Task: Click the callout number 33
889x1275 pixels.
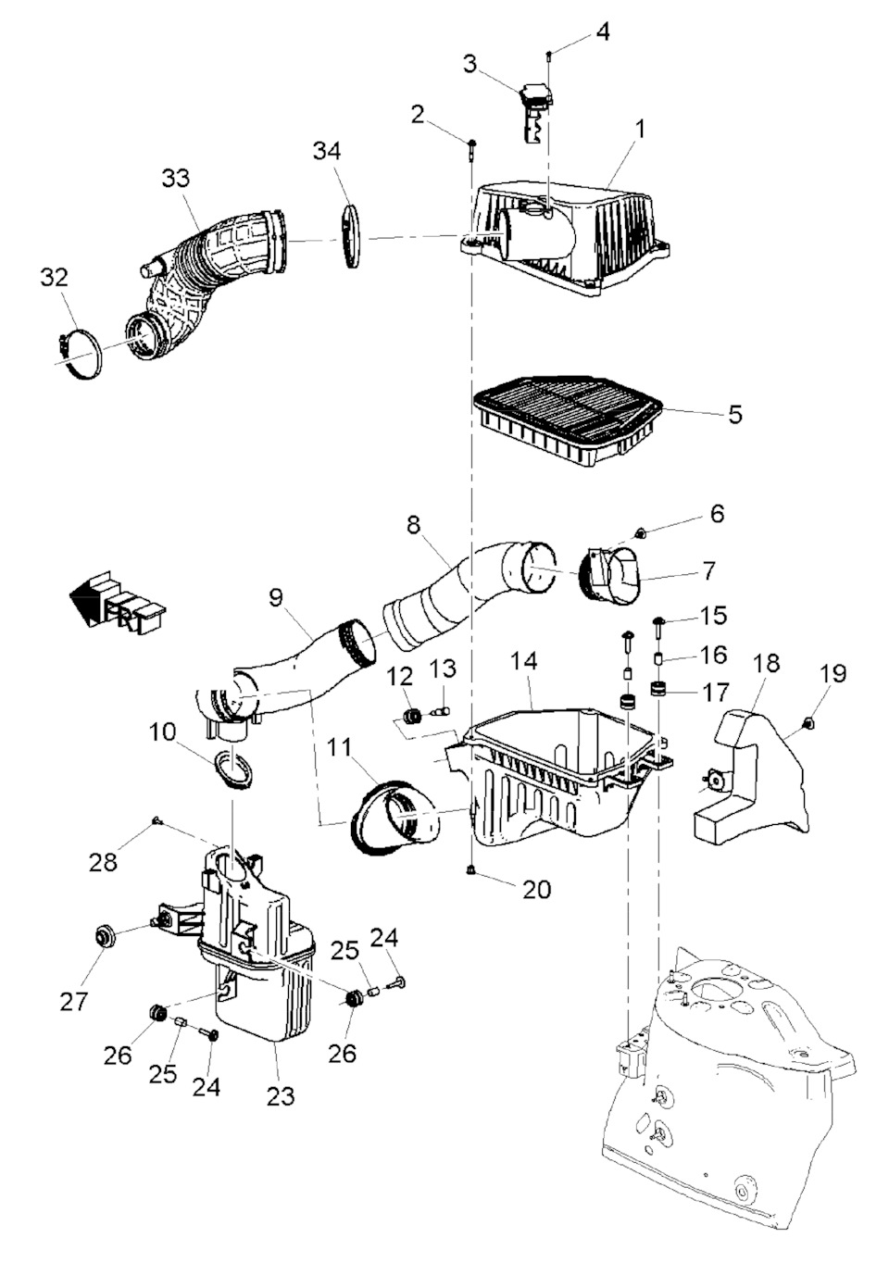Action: (x=176, y=178)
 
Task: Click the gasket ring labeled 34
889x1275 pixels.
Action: (x=349, y=238)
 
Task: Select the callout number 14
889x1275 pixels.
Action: (x=523, y=661)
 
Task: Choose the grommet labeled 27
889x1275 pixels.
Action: (x=103, y=936)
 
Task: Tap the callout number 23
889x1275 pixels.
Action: (x=280, y=1095)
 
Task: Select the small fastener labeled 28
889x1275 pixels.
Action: (x=157, y=819)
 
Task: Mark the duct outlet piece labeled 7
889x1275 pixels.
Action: (x=613, y=575)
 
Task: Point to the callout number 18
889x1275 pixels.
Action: (x=767, y=664)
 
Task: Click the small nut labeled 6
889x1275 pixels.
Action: (x=640, y=532)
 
